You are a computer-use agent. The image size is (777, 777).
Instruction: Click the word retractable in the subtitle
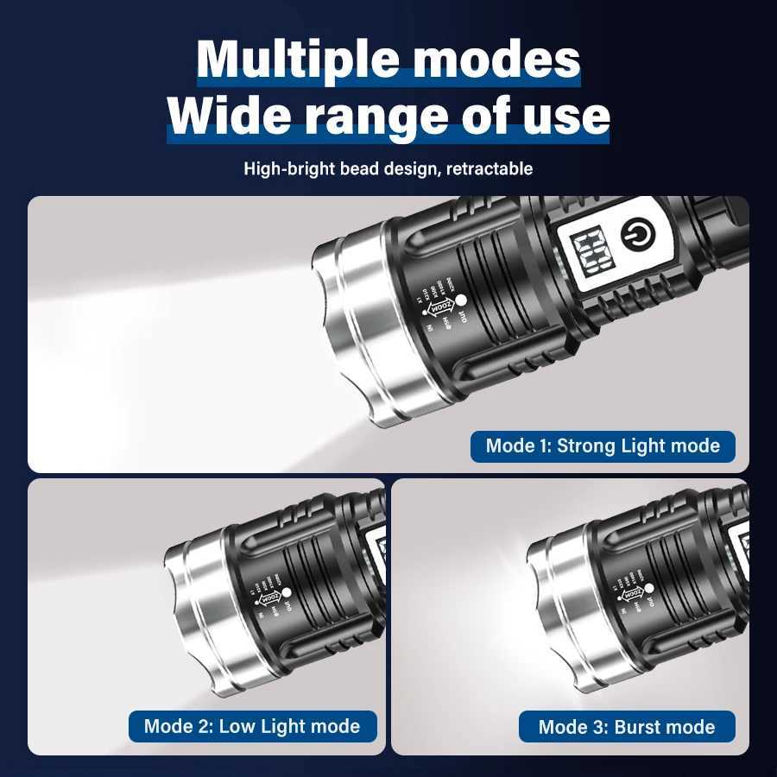tap(489, 168)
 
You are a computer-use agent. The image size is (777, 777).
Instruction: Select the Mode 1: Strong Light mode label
tap(603, 446)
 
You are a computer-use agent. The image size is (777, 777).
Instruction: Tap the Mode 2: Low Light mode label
tap(252, 726)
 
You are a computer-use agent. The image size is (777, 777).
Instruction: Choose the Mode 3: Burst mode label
tap(627, 727)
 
